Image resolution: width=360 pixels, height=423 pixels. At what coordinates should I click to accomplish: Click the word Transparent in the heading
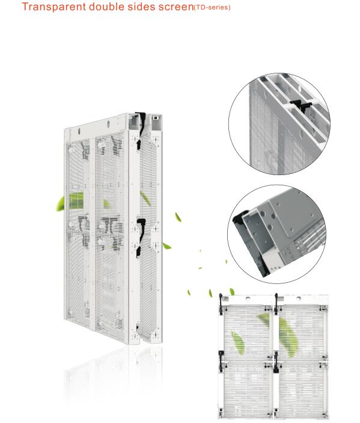tap(54, 7)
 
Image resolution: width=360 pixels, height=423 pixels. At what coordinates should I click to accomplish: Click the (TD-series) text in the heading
tap(212, 8)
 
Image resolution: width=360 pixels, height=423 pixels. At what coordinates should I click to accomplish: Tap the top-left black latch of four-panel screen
tap(221, 304)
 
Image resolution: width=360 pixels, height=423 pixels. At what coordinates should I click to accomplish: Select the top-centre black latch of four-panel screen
tap(276, 304)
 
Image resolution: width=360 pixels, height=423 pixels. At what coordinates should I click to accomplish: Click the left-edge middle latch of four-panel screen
tap(221, 361)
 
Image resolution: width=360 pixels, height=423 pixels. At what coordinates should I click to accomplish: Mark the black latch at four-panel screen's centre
tap(276, 362)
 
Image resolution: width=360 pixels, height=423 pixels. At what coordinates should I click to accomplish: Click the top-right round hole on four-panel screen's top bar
tap(299, 298)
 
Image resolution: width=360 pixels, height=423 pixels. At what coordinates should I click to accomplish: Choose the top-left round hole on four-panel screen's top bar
tap(248, 298)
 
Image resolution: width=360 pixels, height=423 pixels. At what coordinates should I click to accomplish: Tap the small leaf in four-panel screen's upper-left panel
tap(238, 342)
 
